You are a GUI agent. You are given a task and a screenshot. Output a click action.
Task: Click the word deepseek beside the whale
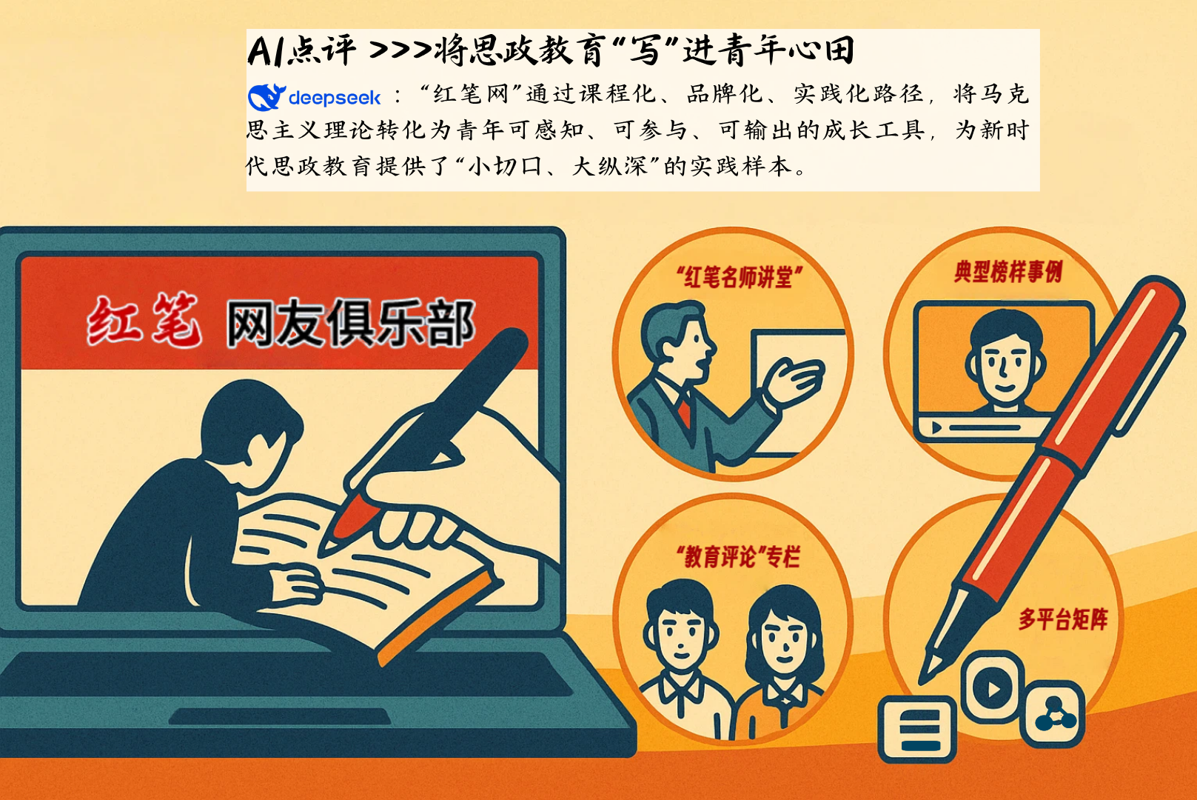click(x=334, y=98)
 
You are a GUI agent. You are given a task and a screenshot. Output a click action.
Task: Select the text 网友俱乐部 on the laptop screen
click(x=349, y=324)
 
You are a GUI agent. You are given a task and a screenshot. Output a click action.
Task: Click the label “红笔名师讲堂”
click(x=739, y=277)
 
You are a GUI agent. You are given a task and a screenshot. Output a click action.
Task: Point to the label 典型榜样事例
click(x=1007, y=272)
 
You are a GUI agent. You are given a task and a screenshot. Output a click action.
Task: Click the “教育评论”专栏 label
click(x=738, y=556)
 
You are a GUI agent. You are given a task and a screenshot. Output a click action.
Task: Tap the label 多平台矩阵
click(x=1063, y=619)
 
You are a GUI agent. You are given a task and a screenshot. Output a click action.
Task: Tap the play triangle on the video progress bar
click(x=937, y=428)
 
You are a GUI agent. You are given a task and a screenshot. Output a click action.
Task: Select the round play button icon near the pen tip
click(x=993, y=687)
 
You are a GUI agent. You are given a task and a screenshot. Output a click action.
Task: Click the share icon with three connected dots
click(x=1055, y=714)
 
